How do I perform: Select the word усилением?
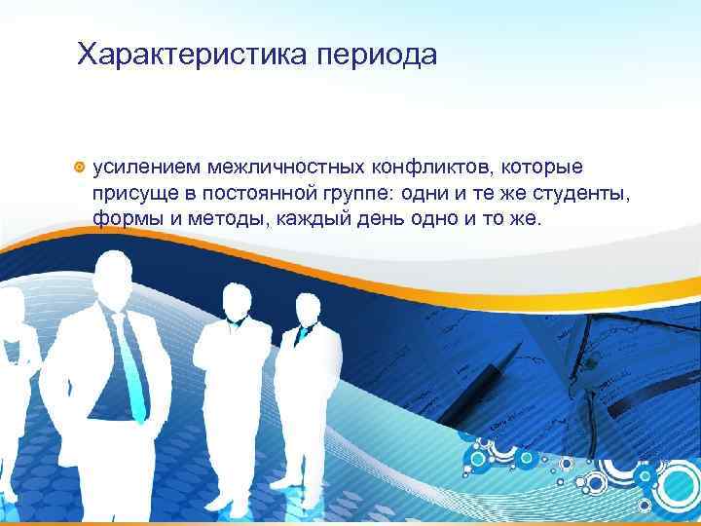point(137,171)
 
